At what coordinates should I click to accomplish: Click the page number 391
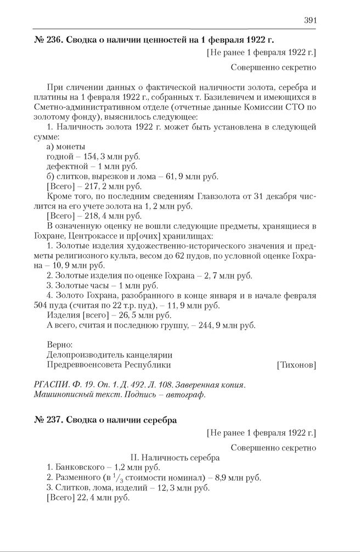[310, 20]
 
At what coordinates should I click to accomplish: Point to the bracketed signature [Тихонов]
[296, 364]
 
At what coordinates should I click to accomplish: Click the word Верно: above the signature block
[60, 345]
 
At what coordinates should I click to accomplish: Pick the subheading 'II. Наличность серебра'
[175, 457]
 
